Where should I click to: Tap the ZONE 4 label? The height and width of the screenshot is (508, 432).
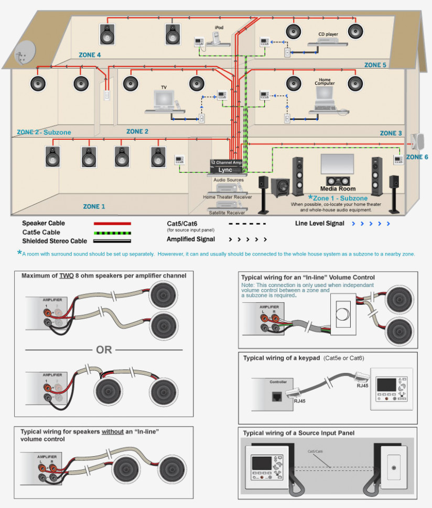click(90, 54)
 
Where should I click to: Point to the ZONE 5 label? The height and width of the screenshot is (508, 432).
click(375, 65)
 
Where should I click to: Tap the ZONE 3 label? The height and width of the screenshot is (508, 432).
click(391, 133)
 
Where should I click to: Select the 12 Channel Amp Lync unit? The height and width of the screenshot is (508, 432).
click(227, 167)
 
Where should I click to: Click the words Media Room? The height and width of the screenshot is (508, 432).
click(338, 189)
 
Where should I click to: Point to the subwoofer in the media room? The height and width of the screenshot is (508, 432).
click(280, 188)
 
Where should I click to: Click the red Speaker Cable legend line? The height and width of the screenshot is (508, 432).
click(112, 224)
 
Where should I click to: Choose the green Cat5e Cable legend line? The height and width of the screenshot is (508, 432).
click(112, 233)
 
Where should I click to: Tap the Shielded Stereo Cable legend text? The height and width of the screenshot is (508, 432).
click(55, 241)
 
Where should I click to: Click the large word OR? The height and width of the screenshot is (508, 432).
click(104, 349)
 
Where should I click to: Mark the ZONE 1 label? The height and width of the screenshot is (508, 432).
click(94, 207)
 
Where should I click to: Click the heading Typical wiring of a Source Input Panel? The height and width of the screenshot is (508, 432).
click(298, 433)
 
